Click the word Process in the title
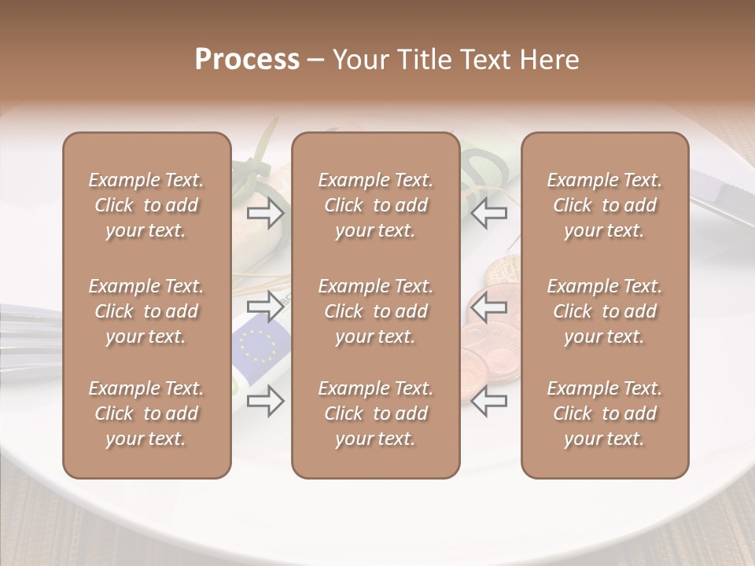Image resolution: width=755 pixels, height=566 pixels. (247, 60)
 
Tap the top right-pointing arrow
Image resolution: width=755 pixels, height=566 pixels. (265, 212)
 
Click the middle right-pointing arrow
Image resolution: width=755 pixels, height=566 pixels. (265, 307)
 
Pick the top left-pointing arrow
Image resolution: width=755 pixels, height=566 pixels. (489, 212)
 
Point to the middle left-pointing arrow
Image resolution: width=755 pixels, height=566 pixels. (489, 307)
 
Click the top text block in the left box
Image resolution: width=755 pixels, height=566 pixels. (146, 205)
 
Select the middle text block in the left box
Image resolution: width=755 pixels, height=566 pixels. (146, 311)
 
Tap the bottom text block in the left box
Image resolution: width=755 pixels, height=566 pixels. (146, 413)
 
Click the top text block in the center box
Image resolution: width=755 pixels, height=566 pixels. (375, 205)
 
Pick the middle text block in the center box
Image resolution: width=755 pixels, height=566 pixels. (375, 311)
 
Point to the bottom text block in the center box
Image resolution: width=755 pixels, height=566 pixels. (375, 413)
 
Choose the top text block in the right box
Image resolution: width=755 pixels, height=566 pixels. (604, 205)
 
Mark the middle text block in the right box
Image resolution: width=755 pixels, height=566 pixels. (604, 311)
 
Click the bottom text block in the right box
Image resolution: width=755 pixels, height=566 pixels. (604, 413)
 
